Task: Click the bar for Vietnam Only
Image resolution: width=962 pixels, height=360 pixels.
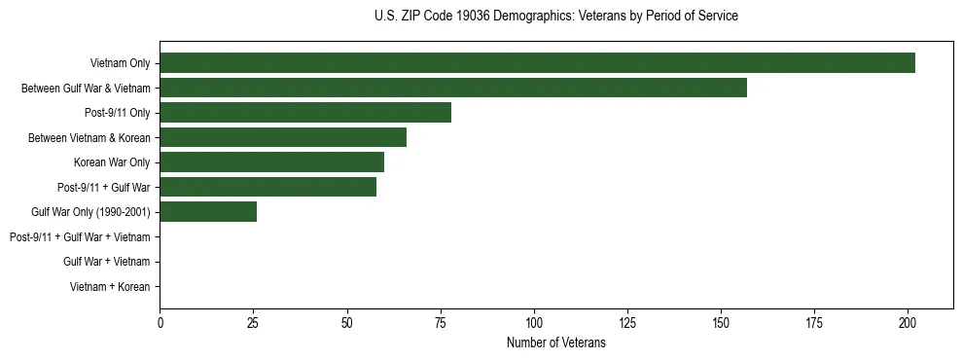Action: coord(538,63)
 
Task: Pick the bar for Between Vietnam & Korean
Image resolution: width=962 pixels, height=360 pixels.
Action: coord(283,137)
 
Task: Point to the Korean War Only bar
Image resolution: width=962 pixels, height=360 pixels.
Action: coord(272,162)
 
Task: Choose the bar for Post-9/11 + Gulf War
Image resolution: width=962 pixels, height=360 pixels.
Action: coord(268,187)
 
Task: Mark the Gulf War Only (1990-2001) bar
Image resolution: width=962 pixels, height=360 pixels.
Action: coord(208,212)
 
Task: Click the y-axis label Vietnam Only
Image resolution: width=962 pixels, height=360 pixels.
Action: coord(120,64)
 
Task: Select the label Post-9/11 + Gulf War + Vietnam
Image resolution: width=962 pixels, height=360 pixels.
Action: coord(80,237)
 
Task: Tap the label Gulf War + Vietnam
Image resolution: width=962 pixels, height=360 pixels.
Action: coord(107,262)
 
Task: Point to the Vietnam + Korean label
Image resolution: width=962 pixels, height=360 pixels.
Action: coord(110,287)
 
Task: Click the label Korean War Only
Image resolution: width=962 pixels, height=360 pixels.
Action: coord(112,162)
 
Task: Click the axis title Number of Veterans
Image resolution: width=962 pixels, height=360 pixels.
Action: coord(556,343)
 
